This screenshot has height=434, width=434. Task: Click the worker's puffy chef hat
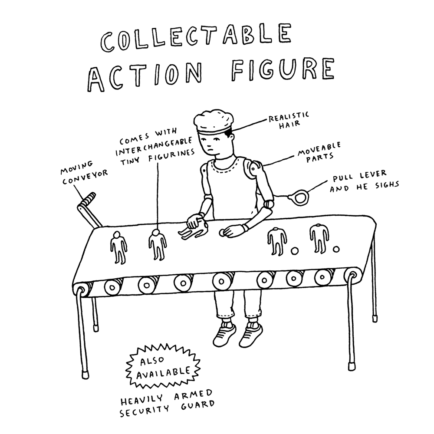point(213,122)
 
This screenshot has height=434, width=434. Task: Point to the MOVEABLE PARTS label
point(319,152)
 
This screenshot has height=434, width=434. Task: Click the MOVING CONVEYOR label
point(84,173)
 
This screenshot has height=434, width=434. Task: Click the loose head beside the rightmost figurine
point(336,250)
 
